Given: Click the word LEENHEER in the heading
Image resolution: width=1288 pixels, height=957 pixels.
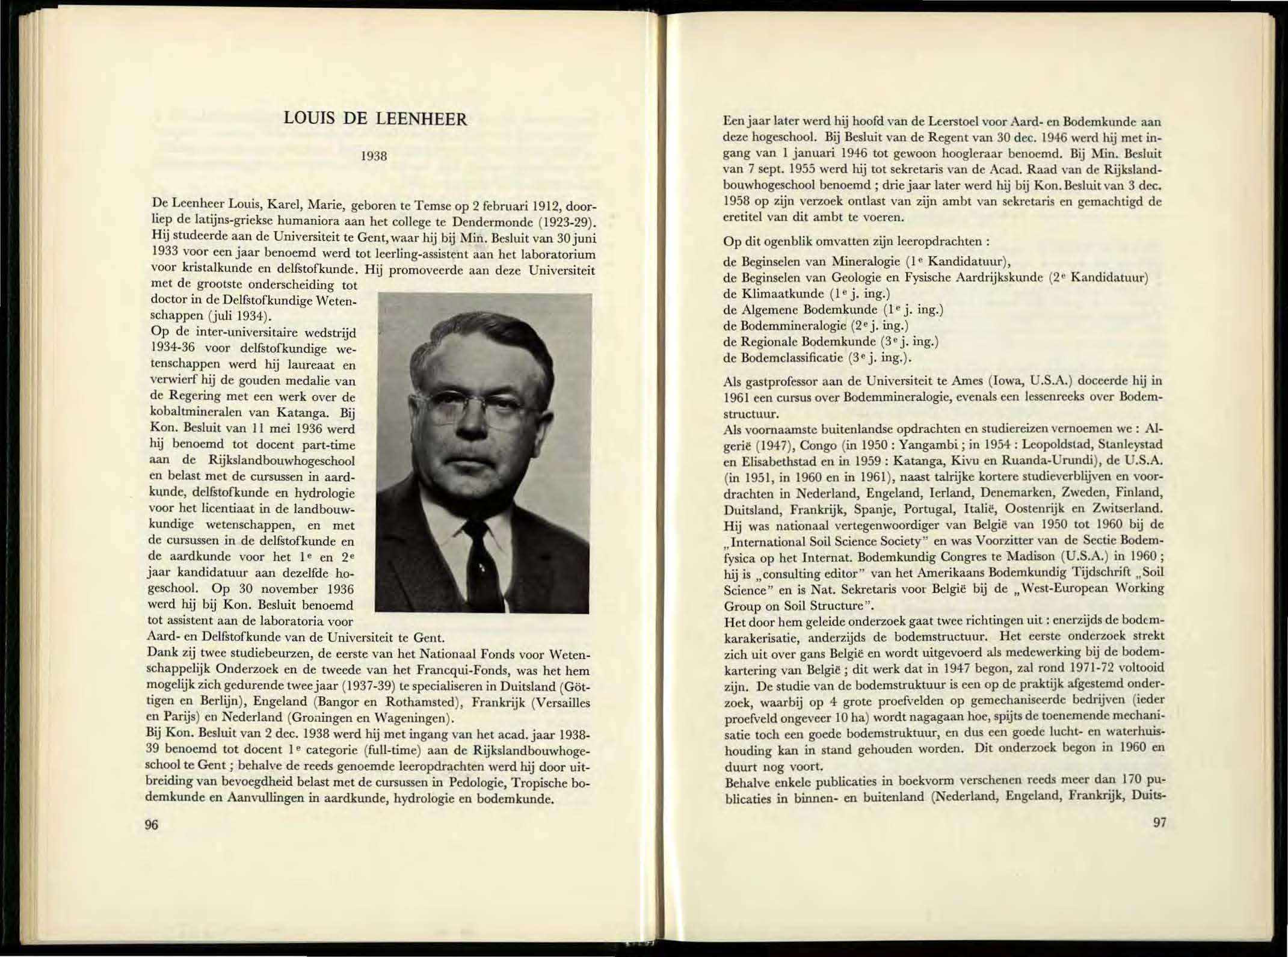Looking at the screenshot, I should [x=421, y=118].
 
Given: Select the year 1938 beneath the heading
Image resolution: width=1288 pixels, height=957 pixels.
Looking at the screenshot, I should [x=373, y=156].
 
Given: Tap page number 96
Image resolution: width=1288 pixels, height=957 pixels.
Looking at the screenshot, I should [x=152, y=824].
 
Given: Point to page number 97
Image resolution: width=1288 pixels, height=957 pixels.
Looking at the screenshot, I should [x=1159, y=822].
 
